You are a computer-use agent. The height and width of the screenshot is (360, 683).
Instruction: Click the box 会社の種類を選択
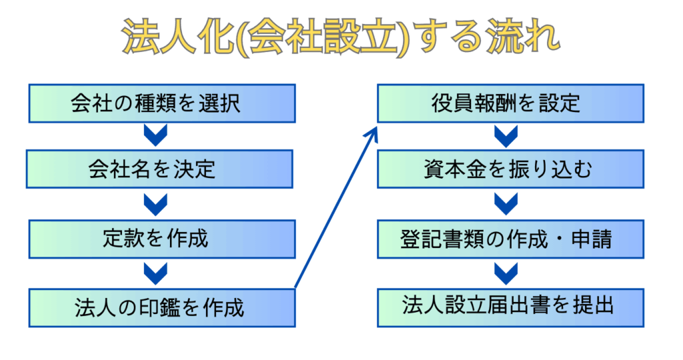(x=162, y=103)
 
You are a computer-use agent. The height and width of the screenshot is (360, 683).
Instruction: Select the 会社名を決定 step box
(x=159, y=169)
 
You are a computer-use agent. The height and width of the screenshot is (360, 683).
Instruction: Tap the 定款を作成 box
(x=162, y=239)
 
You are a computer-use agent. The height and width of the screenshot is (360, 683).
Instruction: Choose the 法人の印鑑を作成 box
(x=162, y=308)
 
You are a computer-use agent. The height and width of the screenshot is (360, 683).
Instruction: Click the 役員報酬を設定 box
(x=510, y=103)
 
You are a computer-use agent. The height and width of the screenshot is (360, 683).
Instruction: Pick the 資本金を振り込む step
(x=510, y=169)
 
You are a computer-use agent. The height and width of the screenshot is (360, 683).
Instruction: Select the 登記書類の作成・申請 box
(x=510, y=239)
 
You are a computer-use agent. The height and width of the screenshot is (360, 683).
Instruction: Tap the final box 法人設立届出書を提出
(x=510, y=308)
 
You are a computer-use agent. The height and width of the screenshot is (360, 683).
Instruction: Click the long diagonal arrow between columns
(x=336, y=207)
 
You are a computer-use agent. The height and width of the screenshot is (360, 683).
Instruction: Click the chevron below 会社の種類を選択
(x=155, y=135)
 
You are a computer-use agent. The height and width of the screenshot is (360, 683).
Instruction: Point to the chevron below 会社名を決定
(x=155, y=205)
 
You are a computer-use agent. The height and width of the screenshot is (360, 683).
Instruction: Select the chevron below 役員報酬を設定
(x=506, y=136)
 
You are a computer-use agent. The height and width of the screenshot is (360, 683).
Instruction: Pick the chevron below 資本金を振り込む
(x=506, y=205)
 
